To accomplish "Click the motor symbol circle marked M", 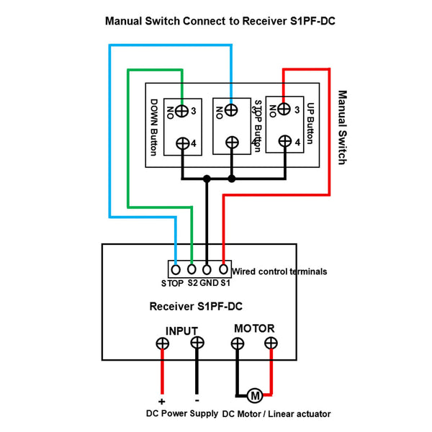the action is (x=255, y=395).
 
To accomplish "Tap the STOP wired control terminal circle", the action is (x=176, y=269).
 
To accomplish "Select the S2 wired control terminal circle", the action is (x=192, y=269).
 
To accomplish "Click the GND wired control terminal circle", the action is (x=207, y=269).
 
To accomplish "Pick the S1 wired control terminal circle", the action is (x=223, y=269).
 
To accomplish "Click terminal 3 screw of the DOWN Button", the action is (x=182, y=111).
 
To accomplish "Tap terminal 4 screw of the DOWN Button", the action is (x=183, y=143).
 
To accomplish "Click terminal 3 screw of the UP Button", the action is (x=284, y=109).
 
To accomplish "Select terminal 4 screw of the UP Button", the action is (x=285, y=141).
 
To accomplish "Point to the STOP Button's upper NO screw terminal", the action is (x=231, y=110).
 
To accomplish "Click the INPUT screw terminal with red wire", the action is (x=162, y=343).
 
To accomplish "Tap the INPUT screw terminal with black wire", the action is (x=197, y=343).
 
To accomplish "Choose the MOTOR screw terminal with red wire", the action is (x=271, y=343).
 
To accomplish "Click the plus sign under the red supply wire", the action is (x=162, y=402).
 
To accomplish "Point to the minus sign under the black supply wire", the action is (x=197, y=401).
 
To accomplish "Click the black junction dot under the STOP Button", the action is (x=232, y=179).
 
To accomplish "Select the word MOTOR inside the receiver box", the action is (x=254, y=328).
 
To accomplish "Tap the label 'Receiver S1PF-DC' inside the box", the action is (x=196, y=307).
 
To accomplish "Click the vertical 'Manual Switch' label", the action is (x=342, y=127).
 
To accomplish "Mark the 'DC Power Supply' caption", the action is (x=182, y=413).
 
